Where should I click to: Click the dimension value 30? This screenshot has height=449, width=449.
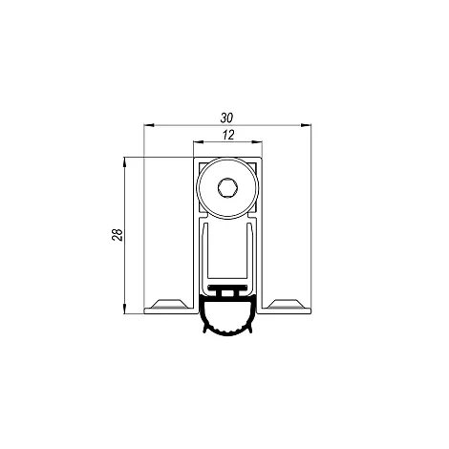point(226,118)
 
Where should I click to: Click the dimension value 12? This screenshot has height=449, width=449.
point(228,135)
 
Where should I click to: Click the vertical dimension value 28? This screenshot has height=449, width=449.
point(118,235)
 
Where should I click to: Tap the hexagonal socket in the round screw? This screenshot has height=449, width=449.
point(227,188)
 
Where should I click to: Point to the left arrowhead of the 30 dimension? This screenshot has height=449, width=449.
point(149,125)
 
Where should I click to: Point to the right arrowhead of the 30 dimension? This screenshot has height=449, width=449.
point(306,125)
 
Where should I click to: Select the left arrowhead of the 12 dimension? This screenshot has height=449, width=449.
point(199,142)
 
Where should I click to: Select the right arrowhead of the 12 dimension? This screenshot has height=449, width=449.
point(257,142)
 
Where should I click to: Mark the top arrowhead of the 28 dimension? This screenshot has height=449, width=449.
point(124,162)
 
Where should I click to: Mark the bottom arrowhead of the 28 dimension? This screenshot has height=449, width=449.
point(124,309)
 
